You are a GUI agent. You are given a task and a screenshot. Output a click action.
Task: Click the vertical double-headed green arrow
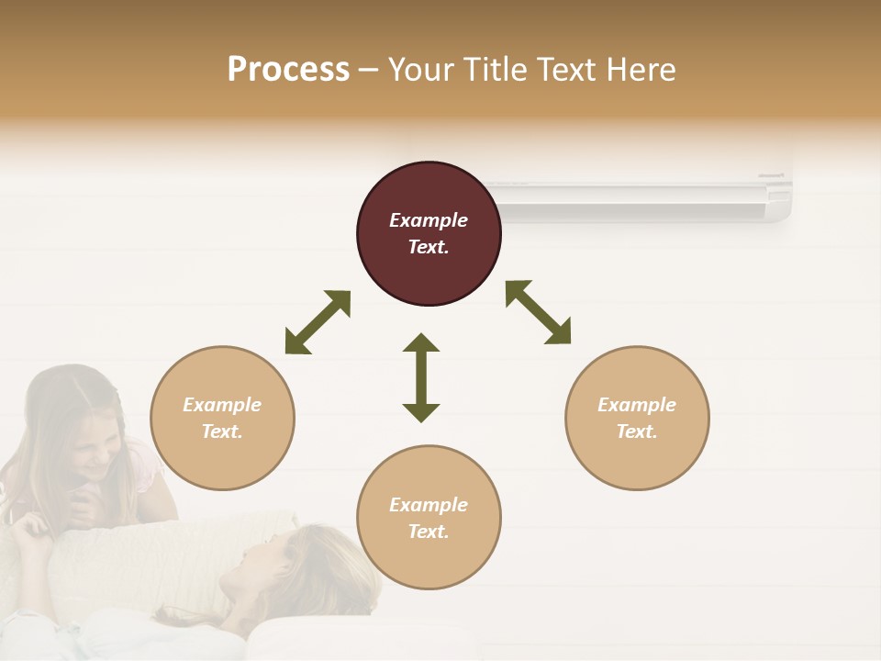pos(421,377)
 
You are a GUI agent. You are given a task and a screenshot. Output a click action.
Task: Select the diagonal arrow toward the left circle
pos(318,322)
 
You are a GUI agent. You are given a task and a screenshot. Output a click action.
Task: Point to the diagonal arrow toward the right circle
pos(538,312)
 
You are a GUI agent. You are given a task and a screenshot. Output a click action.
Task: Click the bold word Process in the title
pos(288,69)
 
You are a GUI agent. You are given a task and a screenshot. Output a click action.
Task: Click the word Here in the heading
pos(642,69)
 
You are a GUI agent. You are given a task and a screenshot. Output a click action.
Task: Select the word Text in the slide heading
pos(568,69)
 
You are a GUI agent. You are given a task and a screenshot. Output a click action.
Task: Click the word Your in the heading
pos(422,69)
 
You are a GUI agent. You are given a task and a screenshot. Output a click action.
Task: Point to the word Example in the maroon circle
pos(429,220)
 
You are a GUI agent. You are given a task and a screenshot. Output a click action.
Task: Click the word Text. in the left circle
pos(222,431)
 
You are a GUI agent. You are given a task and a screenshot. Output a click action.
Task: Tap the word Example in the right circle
pos(637,405)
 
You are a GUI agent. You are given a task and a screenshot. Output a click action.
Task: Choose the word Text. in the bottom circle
pos(429,532)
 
